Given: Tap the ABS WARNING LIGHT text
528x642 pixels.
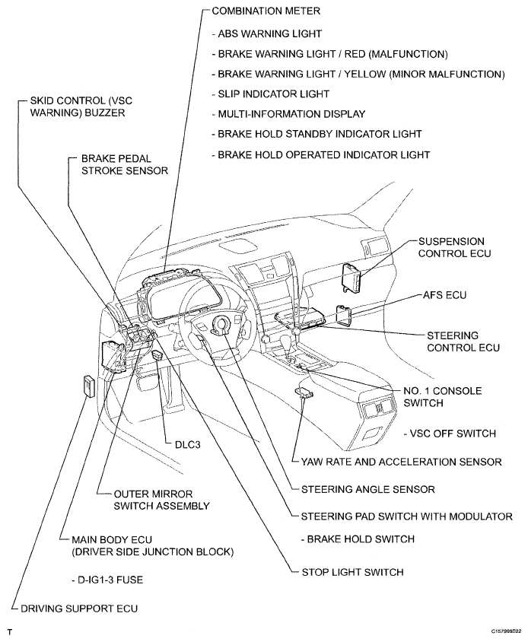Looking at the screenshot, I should pos(269,34).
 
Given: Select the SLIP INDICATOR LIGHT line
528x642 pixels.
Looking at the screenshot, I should pos(273,94).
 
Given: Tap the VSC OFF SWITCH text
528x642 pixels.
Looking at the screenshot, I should pos(450,434).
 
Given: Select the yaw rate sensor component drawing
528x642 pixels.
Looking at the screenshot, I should pos(305,393).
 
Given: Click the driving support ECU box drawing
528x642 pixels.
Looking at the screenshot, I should pos(86,386).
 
